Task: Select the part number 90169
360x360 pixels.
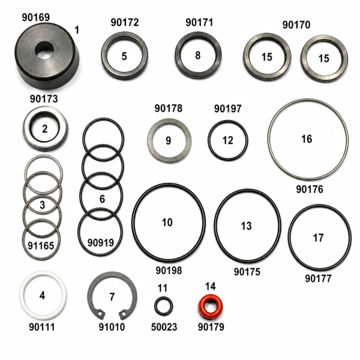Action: click(x=36, y=17)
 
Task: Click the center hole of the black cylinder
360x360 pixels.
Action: click(x=44, y=50)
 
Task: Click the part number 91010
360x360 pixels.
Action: click(x=112, y=327)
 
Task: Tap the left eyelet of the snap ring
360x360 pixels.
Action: click(x=100, y=314)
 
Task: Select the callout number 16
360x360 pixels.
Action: click(x=307, y=139)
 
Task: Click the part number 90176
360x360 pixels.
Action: click(x=310, y=189)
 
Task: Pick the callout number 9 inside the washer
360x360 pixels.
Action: click(x=168, y=140)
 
